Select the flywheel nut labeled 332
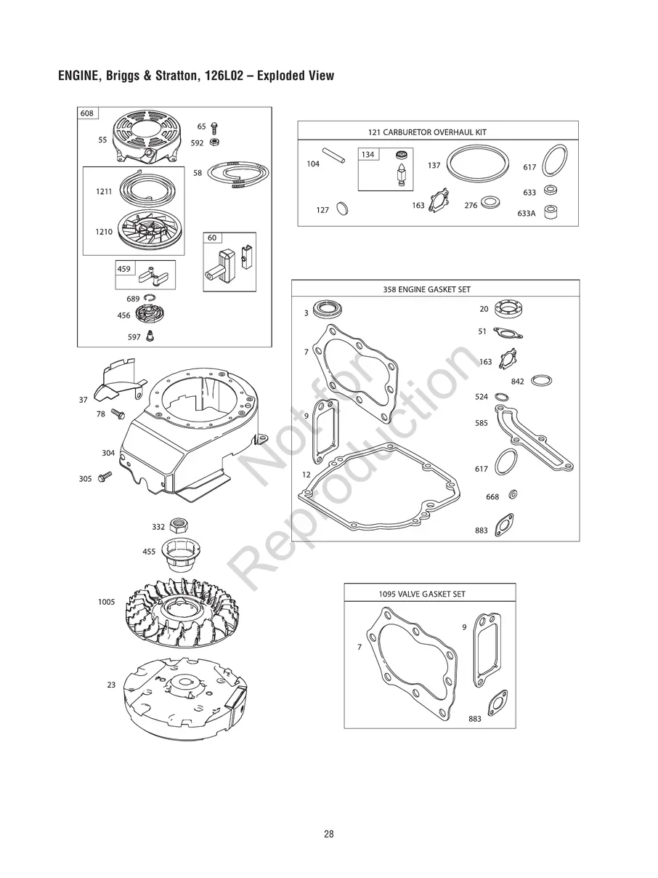179,524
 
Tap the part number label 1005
106,602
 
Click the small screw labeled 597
150,336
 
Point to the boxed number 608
86,113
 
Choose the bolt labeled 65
214,128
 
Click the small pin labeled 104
334,156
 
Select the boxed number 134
368,154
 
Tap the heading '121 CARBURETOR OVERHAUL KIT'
427,132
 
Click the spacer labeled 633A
551,212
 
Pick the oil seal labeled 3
327,310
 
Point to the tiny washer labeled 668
513,495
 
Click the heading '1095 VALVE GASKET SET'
422,594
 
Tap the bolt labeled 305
105,476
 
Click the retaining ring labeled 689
150,297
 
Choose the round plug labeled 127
342,209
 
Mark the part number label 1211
104,192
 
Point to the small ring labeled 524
502,397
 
